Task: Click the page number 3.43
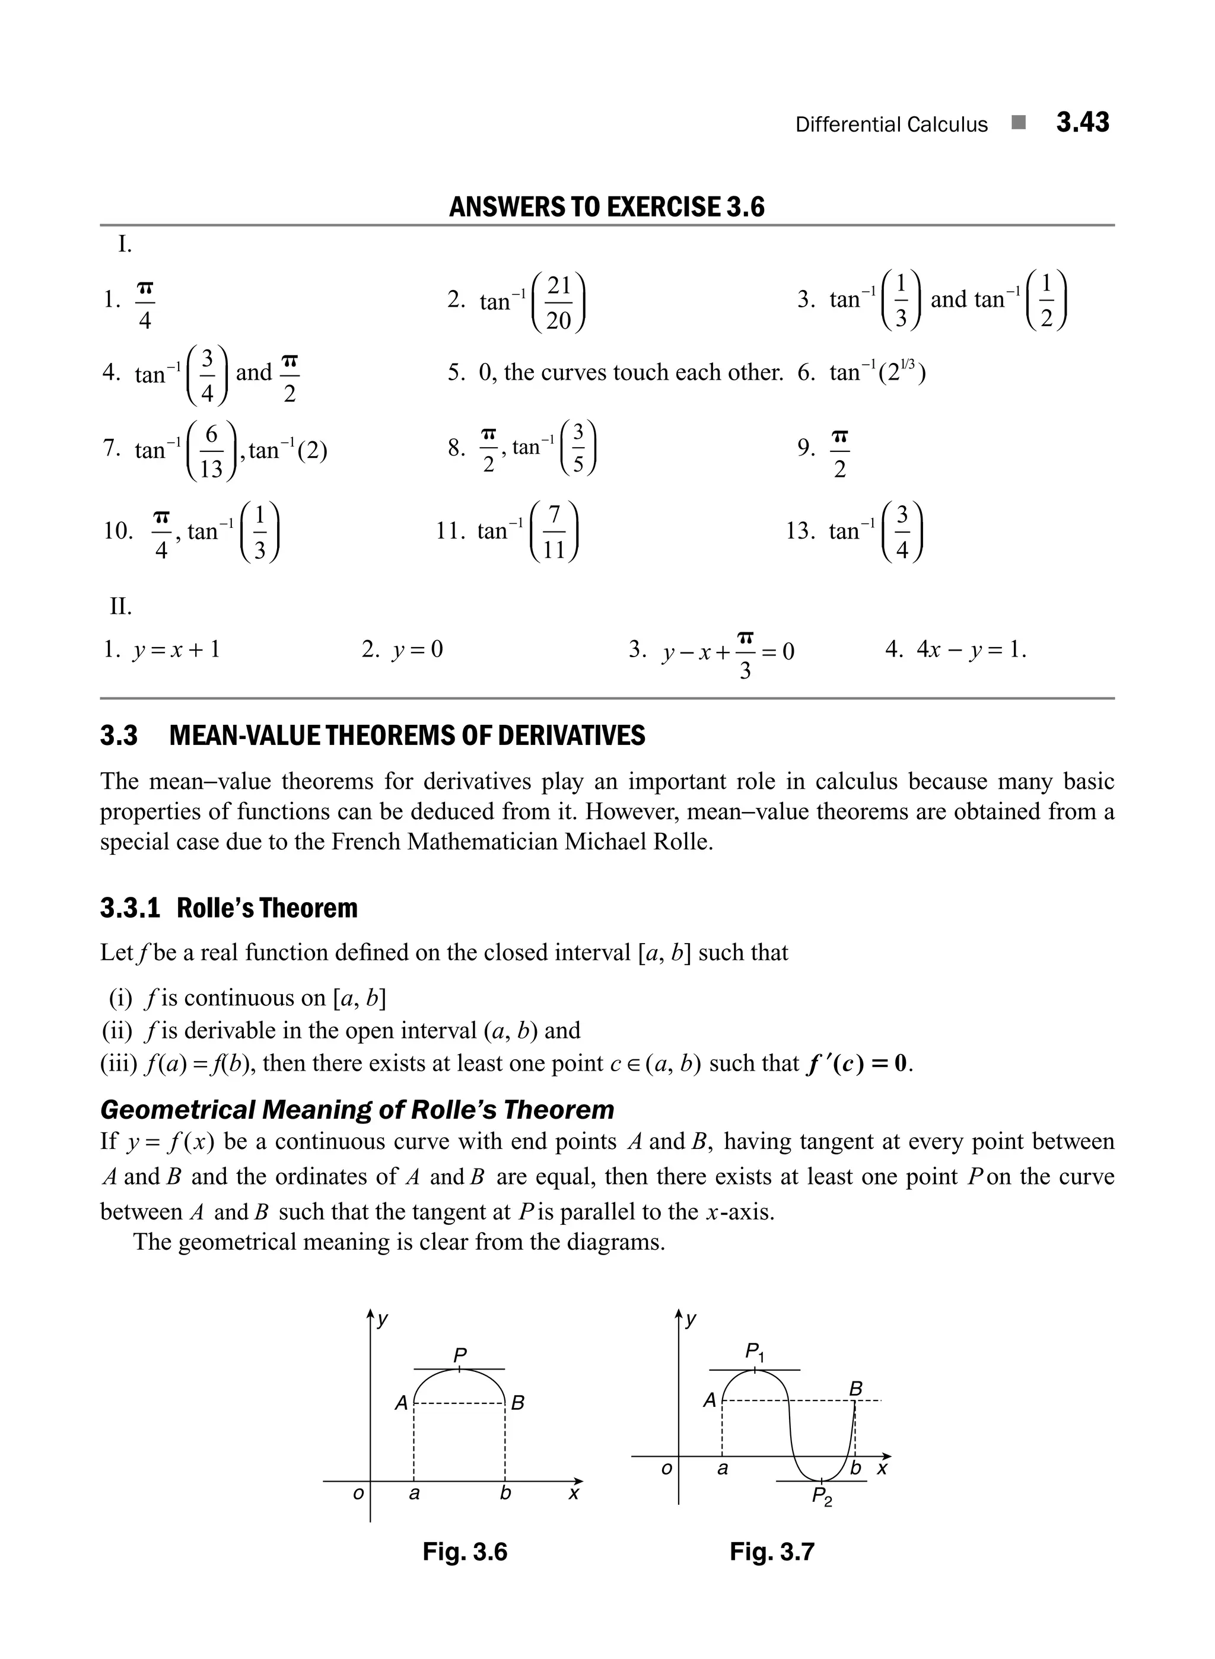coord(1082,122)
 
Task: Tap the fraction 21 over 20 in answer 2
coord(559,303)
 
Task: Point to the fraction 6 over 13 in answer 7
coord(211,451)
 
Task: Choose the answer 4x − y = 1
coord(970,649)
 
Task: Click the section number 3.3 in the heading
coord(119,735)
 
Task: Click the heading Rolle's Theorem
coord(267,908)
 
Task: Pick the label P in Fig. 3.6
coord(460,1355)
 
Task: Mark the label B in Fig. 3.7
coord(855,1389)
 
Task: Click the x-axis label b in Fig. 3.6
coord(505,1493)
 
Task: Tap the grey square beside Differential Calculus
coord(1019,123)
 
